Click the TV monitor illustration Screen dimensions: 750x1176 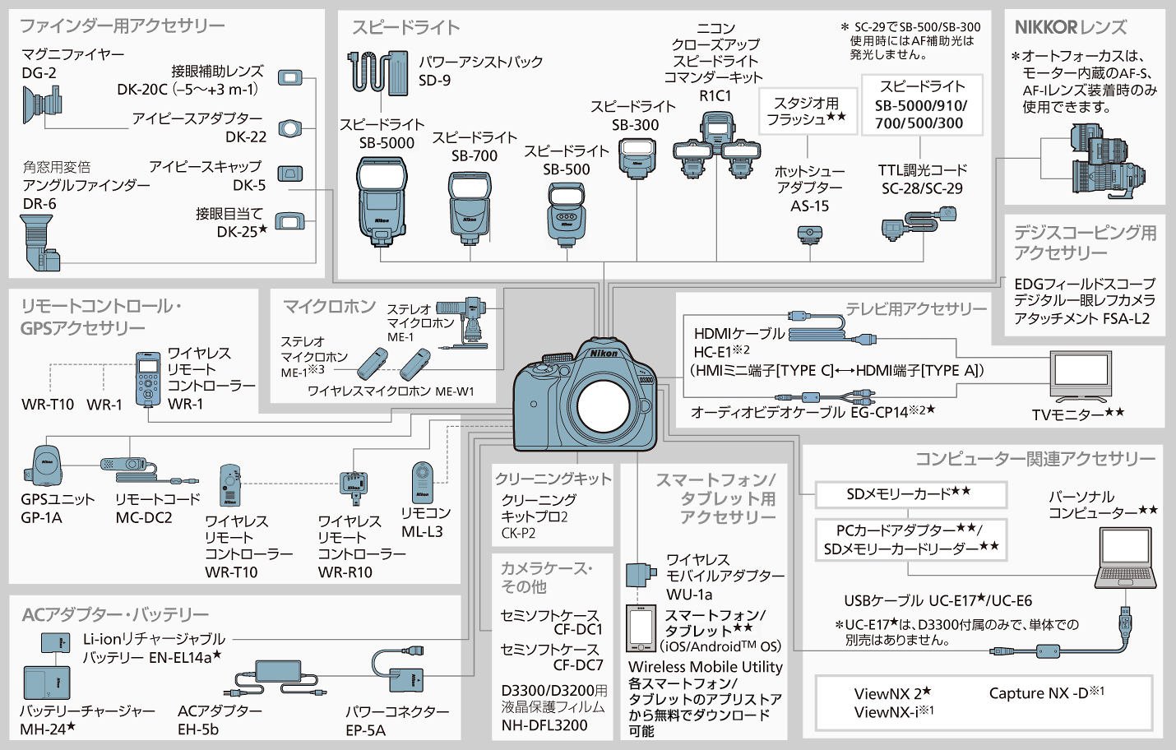[x=1080, y=375]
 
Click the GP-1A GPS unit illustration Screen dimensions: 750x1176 [x=47, y=467]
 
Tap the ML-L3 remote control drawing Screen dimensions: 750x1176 [x=422, y=482]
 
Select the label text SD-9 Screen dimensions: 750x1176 [x=434, y=81]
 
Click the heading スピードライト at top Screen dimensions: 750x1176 [x=405, y=27]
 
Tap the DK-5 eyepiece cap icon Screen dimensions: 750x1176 [x=289, y=174]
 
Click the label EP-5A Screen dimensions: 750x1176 [x=365, y=730]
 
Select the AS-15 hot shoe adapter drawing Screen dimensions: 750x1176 [x=809, y=235]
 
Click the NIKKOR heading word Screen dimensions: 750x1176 [x=1045, y=27]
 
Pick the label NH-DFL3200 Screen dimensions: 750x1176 [x=544, y=725]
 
